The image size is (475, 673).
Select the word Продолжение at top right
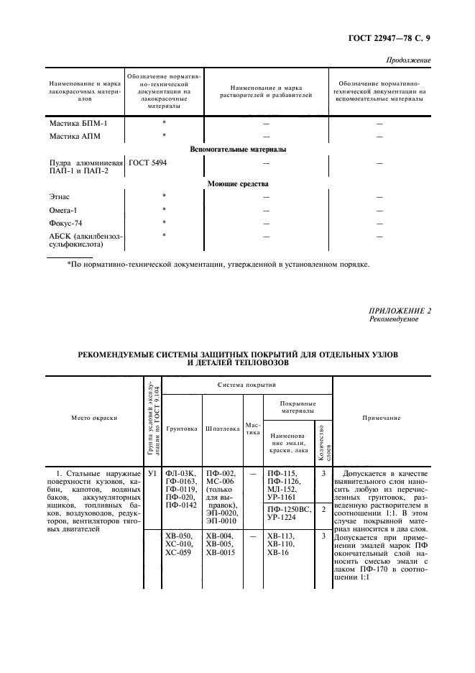click(x=409, y=60)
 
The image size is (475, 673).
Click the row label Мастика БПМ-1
click(x=78, y=123)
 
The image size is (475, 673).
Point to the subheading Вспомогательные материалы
click(x=237, y=150)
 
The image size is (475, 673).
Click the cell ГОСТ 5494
click(x=148, y=163)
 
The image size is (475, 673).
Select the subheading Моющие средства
click(x=237, y=184)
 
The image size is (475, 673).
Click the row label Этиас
click(x=60, y=196)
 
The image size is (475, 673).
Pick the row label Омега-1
click(x=65, y=210)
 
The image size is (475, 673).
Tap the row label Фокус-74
click(x=66, y=223)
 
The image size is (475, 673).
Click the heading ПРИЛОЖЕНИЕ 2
click(x=400, y=311)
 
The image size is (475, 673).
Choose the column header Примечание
click(x=382, y=418)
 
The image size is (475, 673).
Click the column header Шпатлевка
click(x=222, y=429)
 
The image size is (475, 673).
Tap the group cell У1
click(x=152, y=474)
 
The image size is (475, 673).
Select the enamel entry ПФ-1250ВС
click(x=287, y=509)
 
